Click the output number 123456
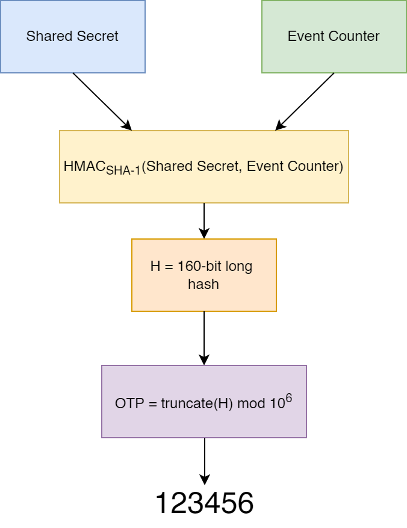204,503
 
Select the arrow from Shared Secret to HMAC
102,101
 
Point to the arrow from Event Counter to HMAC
305,101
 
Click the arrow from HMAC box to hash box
204,220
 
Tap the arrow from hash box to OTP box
204,337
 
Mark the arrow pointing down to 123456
204,461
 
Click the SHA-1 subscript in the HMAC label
123,171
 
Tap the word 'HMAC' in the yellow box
84,167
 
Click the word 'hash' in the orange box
203,284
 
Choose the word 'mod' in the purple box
251,403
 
